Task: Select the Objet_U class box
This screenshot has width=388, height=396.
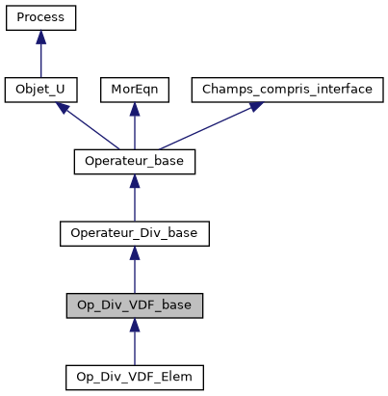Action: click(40, 90)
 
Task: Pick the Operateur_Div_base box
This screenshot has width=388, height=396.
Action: click(135, 233)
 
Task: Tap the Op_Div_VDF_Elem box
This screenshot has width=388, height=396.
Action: click(135, 376)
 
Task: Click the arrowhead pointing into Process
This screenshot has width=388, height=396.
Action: click(40, 38)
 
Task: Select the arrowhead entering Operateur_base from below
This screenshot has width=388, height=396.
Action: click(135, 181)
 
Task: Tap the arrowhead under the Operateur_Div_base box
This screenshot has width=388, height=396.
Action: click(135, 252)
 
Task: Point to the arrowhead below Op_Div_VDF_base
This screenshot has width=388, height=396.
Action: click(135, 324)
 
